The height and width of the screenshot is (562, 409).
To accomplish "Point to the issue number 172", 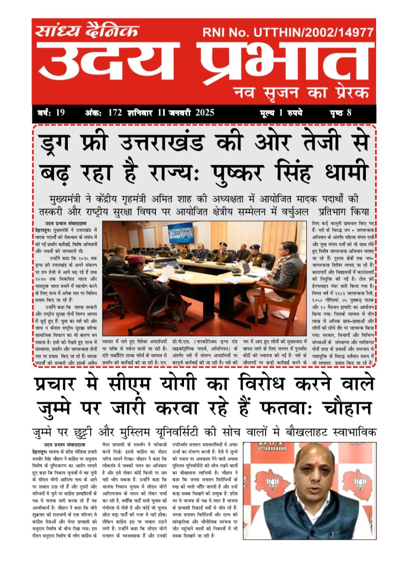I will (115, 113).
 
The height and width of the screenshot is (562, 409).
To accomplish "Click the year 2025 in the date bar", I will (204, 113).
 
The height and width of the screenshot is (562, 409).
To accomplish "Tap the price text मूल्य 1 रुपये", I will (281, 113).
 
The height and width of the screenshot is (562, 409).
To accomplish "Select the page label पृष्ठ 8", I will (340, 113).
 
